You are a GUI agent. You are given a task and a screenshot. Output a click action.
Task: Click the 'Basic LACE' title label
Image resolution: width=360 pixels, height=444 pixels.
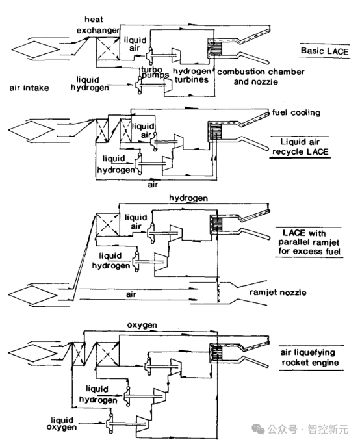point(324,51)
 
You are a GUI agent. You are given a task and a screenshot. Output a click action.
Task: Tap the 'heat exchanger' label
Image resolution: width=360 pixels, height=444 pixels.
point(97,25)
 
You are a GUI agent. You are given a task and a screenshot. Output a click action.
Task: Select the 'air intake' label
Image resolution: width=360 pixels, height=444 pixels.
point(29,88)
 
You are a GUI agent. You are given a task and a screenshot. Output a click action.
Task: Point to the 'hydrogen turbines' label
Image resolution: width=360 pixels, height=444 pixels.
point(192,75)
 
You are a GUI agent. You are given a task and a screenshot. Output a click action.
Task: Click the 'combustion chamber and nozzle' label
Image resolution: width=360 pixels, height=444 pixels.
point(261,77)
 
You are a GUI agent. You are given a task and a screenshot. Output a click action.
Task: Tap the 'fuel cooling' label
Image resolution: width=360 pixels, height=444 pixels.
point(296,112)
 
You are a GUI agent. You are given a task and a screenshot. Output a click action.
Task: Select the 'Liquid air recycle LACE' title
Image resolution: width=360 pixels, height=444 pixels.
point(300,147)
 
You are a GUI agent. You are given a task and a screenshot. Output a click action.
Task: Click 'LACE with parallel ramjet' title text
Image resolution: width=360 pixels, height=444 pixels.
point(309,242)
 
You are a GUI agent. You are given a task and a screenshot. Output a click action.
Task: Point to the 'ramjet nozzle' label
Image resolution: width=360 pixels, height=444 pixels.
point(277,293)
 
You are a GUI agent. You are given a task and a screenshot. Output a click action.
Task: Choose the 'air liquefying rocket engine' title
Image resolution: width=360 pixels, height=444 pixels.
point(310,358)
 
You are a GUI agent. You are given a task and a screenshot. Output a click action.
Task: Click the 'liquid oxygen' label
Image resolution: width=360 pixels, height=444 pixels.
point(62,424)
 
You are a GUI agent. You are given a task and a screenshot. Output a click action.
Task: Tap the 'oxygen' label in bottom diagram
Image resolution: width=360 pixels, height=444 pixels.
point(142,325)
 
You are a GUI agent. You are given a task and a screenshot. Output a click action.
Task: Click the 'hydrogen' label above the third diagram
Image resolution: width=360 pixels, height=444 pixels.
point(188,198)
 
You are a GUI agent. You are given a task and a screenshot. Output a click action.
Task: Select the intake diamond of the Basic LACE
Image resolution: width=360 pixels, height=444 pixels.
point(34,49)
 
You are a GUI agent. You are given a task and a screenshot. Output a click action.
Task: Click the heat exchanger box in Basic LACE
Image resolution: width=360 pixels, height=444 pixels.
point(108,49)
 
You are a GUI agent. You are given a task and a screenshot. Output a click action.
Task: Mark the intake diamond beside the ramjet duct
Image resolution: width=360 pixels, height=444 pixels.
point(32,294)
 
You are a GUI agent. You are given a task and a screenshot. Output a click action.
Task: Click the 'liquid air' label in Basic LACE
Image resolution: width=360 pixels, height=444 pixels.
point(135,44)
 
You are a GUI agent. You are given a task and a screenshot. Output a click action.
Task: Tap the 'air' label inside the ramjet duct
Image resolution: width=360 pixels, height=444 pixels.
point(131,294)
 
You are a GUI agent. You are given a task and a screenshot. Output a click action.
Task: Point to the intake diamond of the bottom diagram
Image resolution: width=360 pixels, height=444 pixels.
point(31,353)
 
